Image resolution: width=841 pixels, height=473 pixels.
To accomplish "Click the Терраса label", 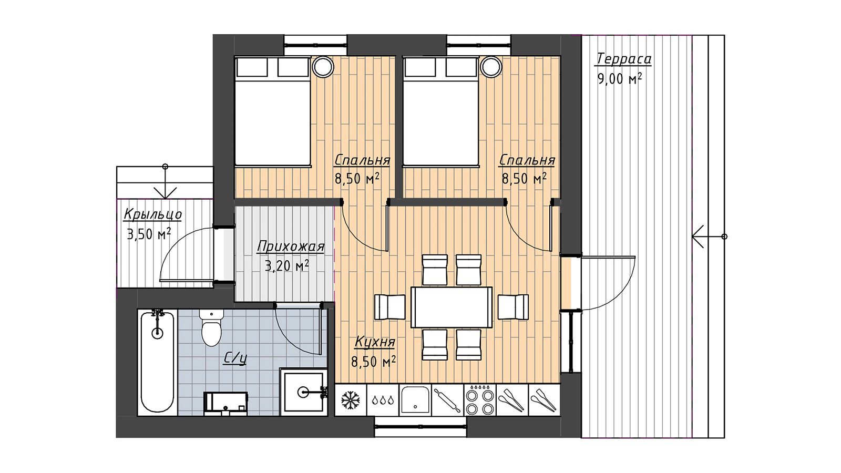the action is coord(623,59).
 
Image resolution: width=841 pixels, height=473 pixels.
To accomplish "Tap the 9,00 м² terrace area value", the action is coord(620,78).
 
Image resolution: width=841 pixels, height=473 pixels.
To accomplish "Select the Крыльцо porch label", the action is coord(153,215).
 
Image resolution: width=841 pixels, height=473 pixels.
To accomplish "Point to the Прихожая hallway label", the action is coord(291,246).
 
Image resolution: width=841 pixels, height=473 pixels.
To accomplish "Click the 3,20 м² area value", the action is coord(287,266).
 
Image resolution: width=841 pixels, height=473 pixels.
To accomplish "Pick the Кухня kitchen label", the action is coord(375,342).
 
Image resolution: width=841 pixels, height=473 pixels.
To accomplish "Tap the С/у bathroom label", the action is coord(235,358).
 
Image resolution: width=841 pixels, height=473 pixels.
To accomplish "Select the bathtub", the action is coord(157,363).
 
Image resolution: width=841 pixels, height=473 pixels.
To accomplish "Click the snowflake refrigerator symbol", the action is coord(351,400).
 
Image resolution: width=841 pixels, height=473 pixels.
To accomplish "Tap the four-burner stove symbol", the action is coord(480,400).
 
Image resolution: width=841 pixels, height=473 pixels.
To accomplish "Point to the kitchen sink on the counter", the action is coord(415,400).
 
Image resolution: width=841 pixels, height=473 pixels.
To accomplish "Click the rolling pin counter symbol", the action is coord(447,400).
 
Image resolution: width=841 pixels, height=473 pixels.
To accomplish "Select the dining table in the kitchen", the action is coord(452,307).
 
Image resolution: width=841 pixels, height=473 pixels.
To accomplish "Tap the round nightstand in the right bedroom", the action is coord(491,67).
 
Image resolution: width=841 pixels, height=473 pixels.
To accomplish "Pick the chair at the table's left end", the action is coord(390,307).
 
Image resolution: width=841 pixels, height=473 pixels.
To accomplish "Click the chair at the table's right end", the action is coord(513,307).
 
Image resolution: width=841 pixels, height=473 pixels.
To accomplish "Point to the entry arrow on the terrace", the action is coord(710,236).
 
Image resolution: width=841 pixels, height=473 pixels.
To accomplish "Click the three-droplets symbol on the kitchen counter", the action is coord(383,400).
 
